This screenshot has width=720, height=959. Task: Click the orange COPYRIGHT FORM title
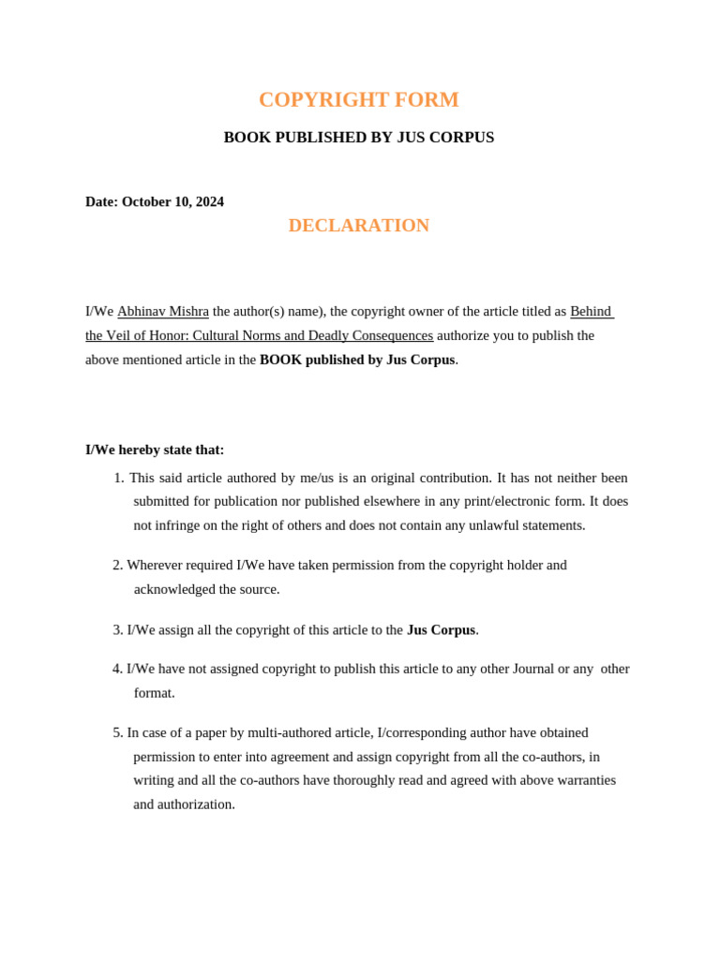pyautogui.click(x=358, y=100)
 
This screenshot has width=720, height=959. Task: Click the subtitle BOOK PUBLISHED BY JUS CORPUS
pyautogui.click(x=358, y=138)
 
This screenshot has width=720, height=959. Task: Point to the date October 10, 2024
pyautogui.click(x=172, y=201)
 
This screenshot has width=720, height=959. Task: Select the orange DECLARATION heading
pyautogui.click(x=358, y=226)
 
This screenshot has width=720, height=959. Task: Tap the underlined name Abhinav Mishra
pyautogui.click(x=163, y=311)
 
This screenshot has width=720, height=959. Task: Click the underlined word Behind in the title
pyautogui.click(x=591, y=311)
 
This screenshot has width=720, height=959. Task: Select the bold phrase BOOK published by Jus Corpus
pyautogui.click(x=357, y=360)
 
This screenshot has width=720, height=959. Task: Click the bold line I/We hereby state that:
pyautogui.click(x=155, y=450)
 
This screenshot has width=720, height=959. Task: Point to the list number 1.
pyautogui.click(x=118, y=478)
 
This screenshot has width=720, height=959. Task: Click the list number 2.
pyautogui.click(x=117, y=565)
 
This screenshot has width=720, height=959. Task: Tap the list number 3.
pyautogui.click(x=117, y=630)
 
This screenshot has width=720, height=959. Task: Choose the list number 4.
pyautogui.click(x=117, y=669)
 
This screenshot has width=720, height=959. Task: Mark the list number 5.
pyautogui.click(x=117, y=732)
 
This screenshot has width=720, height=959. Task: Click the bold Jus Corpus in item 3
pyautogui.click(x=441, y=630)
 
